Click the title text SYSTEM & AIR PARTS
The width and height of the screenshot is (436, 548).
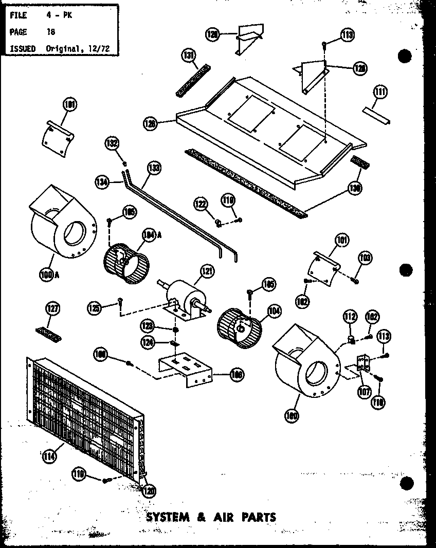pyautogui.click(x=211, y=517)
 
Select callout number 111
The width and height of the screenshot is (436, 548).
pyautogui.click(x=380, y=93)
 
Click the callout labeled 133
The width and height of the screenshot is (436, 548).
pyautogui.click(x=153, y=168)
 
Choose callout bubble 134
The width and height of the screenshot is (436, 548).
pyautogui.click(x=102, y=180)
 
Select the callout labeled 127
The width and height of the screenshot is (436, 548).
pyautogui.click(x=53, y=308)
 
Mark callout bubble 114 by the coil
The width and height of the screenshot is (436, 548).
pyautogui.click(x=50, y=454)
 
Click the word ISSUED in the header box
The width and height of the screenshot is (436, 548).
pyautogui.click(x=23, y=48)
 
